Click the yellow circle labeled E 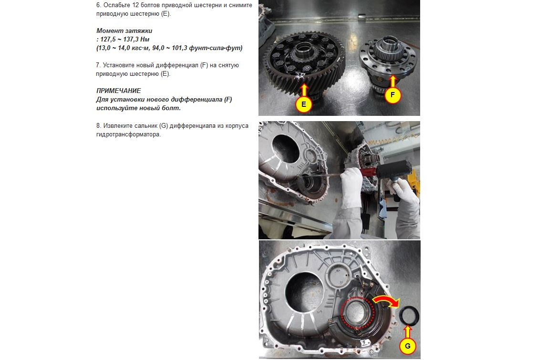[x=303, y=104]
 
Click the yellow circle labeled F [x=393, y=95]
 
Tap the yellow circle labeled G [x=407, y=346]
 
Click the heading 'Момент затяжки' [x=124, y=31]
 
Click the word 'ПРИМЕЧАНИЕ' [x=119, y=91]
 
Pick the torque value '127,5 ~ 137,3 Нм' [x=125, y=40]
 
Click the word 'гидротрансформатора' [x=128, y=134]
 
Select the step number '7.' [x=98, y=65]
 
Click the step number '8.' [x=99, y=125]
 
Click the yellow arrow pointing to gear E [x=304, y=89]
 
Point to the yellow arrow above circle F [x=393, y=81]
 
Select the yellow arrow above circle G [x=407, y=332]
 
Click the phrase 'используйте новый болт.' [x=138, y=108]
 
